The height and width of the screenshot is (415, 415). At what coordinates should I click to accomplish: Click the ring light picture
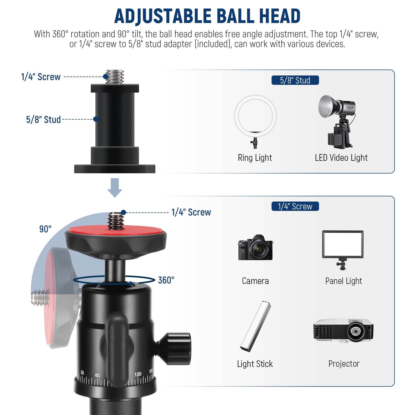click(255, 117)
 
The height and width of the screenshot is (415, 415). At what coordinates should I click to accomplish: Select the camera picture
click(255, 248)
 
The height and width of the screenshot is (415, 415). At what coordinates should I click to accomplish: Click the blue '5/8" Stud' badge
click(295, 80)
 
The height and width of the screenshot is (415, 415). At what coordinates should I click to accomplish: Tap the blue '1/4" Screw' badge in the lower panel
click(295, 206)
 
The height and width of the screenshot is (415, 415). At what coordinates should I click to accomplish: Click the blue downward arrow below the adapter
click(115, 188)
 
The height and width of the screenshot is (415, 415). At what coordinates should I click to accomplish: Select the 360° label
click(166, 280)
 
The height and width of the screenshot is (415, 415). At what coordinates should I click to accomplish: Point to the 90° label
click(45, 229)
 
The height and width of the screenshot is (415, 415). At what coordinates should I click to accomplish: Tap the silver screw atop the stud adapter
click(115, 77)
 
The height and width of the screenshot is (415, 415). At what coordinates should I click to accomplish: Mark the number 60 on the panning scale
click(98, 375)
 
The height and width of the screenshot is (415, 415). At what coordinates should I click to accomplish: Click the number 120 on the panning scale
click(138, 374)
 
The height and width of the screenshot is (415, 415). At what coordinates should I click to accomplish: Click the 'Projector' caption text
click(344, 364)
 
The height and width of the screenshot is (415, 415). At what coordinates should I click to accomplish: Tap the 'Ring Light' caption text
click(255, 158)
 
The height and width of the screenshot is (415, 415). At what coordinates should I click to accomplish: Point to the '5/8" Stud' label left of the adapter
click(43, 120)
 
